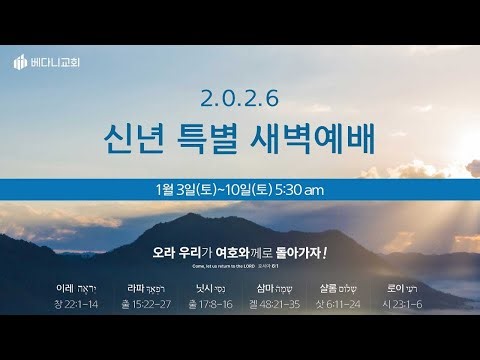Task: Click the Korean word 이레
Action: [67, 285]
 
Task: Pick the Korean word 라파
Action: [136, 285]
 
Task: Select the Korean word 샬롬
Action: [331, 285]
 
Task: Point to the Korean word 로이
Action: [397, 285]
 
